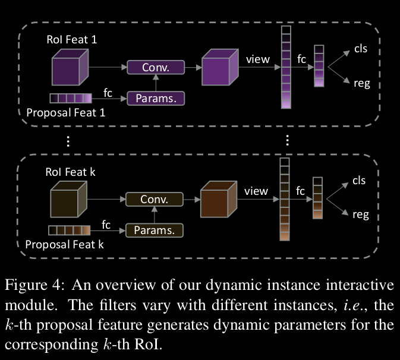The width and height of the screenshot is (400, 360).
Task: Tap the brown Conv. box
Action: coord(155,200)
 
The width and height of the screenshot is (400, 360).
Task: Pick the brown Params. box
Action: coord(155,230)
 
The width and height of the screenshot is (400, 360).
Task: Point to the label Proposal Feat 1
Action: coord(66,112)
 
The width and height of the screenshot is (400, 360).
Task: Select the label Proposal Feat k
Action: coord(65,244)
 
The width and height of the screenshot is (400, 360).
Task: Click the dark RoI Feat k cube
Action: coord(68,201)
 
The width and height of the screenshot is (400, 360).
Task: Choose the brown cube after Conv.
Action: coord(219,201)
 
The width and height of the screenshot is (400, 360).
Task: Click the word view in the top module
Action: coord(257,59)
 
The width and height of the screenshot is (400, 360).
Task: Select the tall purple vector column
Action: coord(286,67)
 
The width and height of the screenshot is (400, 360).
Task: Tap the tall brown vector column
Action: coord(285,199)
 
